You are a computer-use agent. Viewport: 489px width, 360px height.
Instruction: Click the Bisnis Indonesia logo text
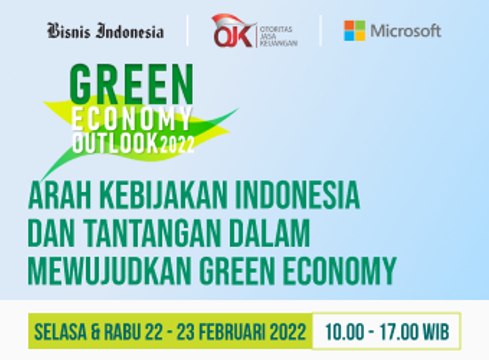click(105, 31)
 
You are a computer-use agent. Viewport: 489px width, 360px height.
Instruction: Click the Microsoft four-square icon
click(354, 30)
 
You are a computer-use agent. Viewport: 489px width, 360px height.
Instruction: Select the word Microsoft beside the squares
click(405, 31)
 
